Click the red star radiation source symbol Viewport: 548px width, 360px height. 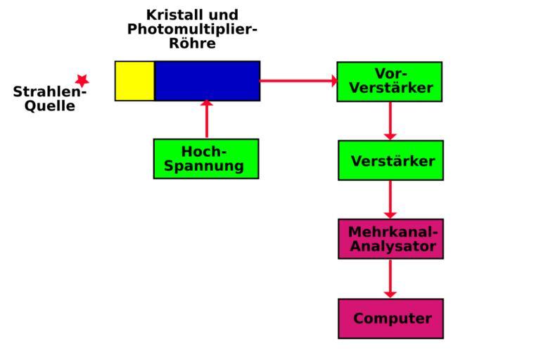pos(82,81)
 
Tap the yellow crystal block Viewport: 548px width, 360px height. pos(135,81)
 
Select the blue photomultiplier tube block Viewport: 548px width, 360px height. pos(207,81)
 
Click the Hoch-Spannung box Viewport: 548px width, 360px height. pos(206,159)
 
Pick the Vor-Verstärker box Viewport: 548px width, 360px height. pos(390,82)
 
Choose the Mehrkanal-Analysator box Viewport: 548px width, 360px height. pos(391,239)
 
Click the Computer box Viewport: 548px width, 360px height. pos(391,319)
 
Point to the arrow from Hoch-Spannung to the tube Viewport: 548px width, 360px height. pos(207,120)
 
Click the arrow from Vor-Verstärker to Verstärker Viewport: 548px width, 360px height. pos(390,121)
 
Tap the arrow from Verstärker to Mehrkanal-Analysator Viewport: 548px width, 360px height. pos(390,200)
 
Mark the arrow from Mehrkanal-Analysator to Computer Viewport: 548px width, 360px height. pos(390,278)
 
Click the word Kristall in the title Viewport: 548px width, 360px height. pos(172,15)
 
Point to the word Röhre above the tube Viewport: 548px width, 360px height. pos(192,43)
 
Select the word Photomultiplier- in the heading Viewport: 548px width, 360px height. pos(192,30)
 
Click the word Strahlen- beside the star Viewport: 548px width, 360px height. pos(49,92)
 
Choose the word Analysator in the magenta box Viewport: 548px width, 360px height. pos(393,247)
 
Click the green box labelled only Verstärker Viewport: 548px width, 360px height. pos(391,160)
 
